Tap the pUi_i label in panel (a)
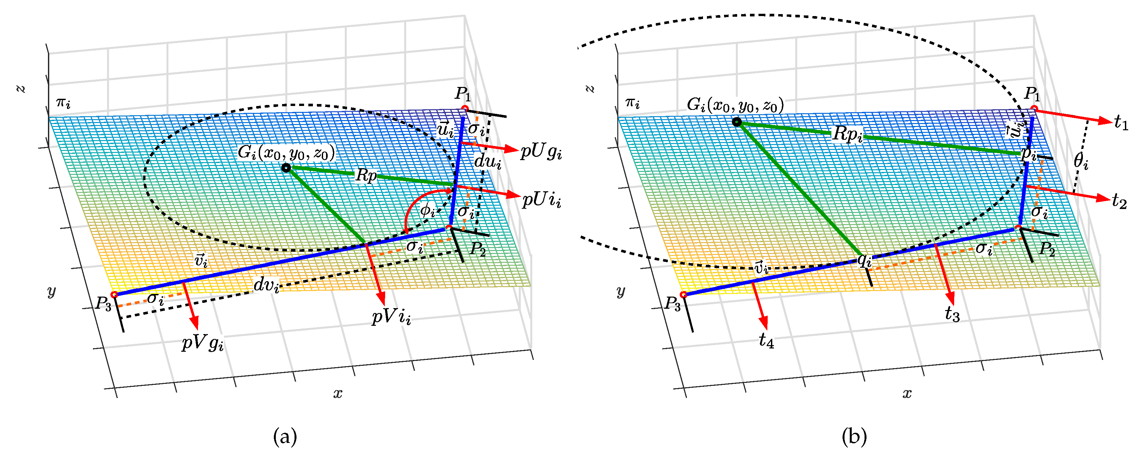[541, 201]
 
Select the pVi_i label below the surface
[391, 317]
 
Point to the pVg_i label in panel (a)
[203, 344]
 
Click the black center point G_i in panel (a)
[286, 168]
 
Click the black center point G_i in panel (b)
[736, 122]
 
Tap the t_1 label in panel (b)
[1121, 123]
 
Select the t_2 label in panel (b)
[1119, 202]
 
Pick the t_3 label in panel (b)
[952, 314]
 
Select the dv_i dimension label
[266, 286]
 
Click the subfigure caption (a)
[285, 437]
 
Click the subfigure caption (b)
[854, 437]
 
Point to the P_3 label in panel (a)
[103, 304]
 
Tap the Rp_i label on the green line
[847, 134]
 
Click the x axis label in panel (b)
[907, 393]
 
